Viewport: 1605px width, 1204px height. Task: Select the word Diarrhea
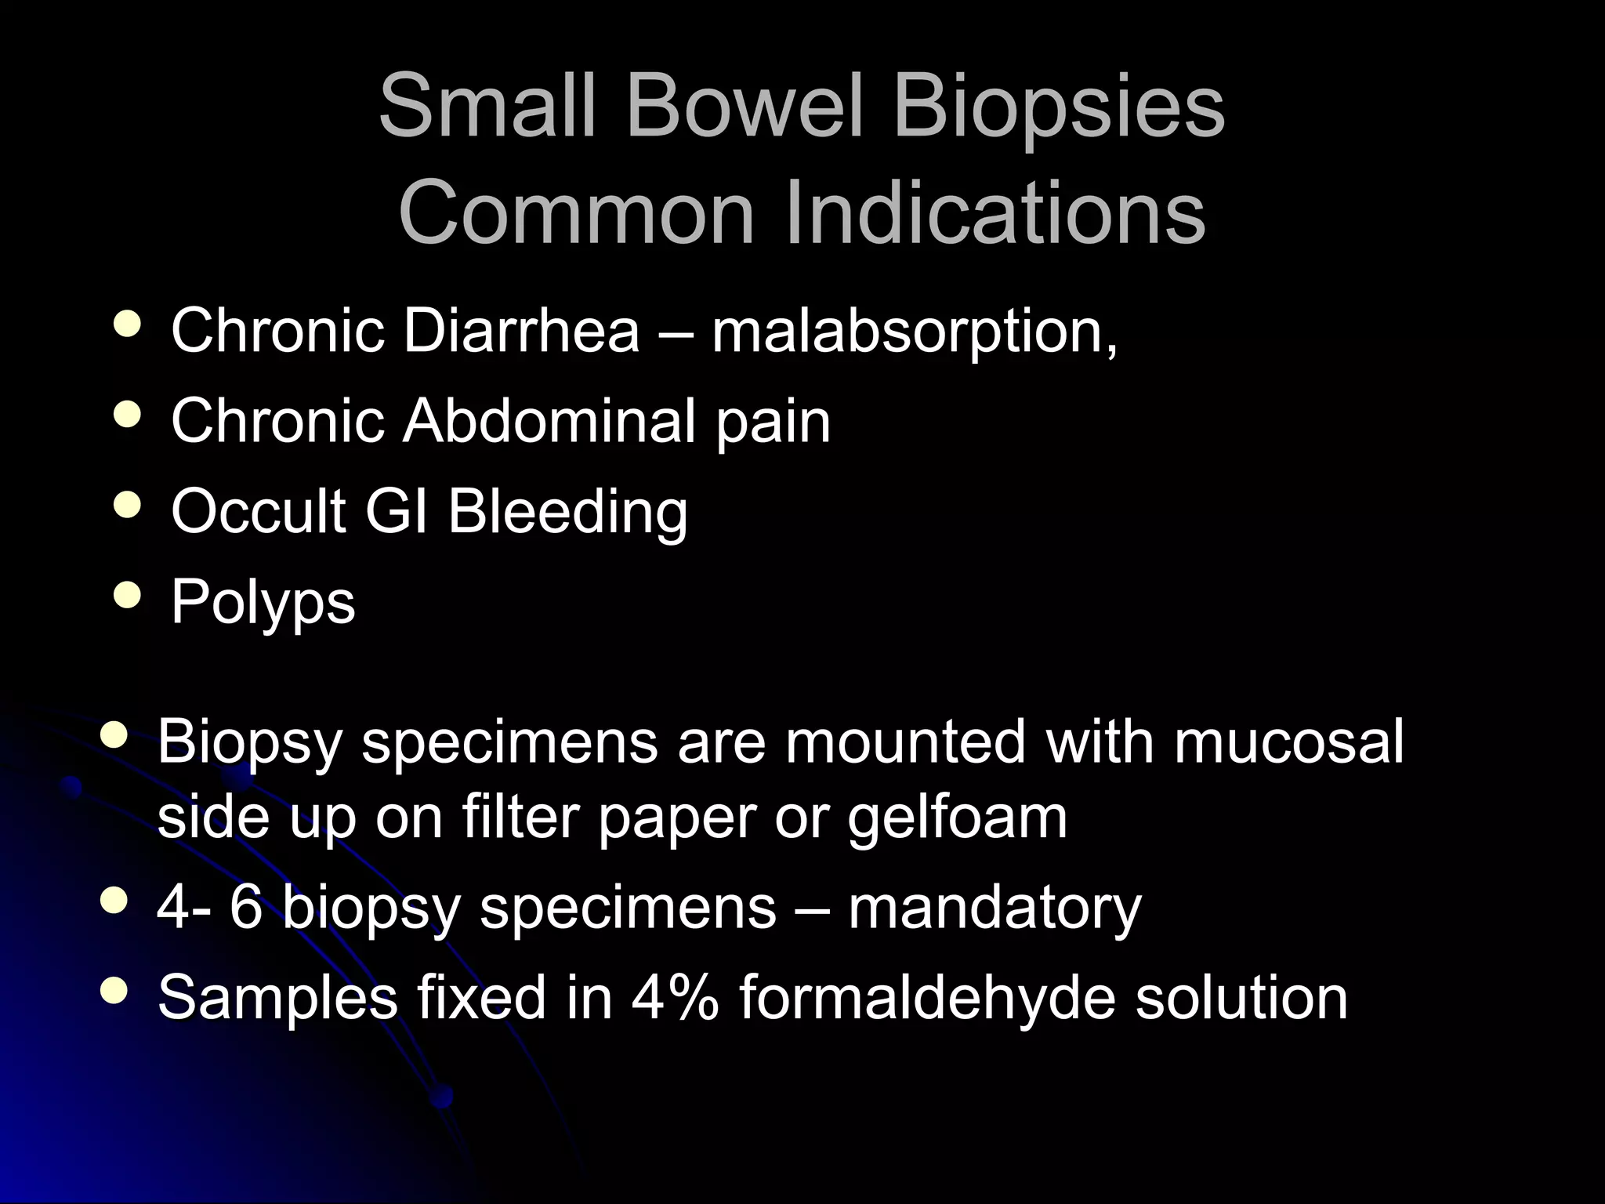point(521,331)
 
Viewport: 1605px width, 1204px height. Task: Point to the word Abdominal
point(549,421)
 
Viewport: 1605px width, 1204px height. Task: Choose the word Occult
point(259,511)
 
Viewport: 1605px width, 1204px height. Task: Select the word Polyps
point(263,603)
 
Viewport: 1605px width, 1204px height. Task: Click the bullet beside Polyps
point(128,597)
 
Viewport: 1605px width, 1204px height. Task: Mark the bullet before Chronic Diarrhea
point(128,325)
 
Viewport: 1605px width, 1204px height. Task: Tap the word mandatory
point(995,908)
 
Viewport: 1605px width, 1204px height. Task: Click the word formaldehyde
point(927,997)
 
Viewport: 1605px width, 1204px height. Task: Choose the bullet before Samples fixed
point(114,992)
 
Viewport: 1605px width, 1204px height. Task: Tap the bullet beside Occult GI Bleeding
point(128,506)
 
